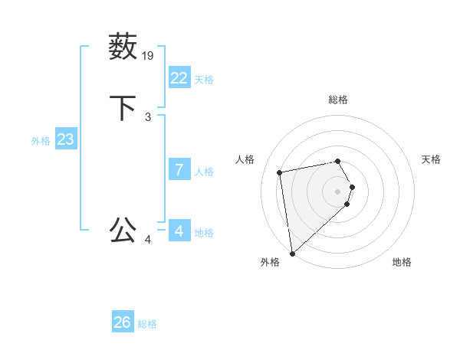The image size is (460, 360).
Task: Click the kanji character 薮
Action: tap(123, 47)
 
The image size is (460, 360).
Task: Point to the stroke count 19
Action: tap(149, 55)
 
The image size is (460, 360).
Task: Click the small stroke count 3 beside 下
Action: tap(148, 116)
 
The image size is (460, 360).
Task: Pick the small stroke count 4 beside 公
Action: tap(148, 239)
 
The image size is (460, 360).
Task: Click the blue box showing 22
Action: tap(179, 78)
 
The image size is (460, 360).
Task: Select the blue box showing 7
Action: tap(179, 170)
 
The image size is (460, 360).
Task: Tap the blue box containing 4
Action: tap(179, 231)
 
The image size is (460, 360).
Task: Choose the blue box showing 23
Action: tap(66, 139)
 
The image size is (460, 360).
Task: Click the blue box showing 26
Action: tap(123, 322)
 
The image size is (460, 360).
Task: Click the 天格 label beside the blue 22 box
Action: tap(204, 80)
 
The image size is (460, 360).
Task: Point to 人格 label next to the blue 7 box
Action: tap(204, 172)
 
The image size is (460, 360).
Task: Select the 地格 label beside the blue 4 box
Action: tap(204, 233)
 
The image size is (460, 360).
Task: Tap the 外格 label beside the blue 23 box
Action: tap(41, 141)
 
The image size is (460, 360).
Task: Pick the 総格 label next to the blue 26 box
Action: tap(147, 324)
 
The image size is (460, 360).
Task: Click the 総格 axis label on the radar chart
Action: tap(337, 100)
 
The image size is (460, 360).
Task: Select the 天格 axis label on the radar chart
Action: tap(431, 159)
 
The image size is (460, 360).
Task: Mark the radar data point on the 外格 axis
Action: tap(292, 252)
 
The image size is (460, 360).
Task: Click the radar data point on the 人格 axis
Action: tap(280, 172)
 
